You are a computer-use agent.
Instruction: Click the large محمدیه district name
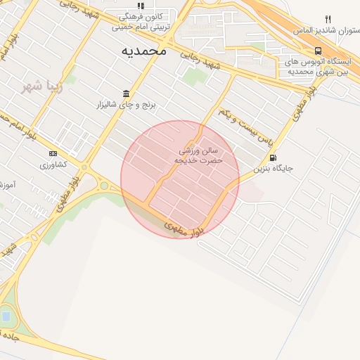click(143, 51)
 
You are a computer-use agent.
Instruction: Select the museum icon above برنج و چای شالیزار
click(126, 94)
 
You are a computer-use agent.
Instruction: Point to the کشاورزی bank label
click(53, 165)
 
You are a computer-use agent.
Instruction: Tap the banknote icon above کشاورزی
click(53, 153)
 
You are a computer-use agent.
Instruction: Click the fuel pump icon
click(273, 157)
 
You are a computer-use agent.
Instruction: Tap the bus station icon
click(319, 51)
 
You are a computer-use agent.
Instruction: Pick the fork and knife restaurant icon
click(328, 19)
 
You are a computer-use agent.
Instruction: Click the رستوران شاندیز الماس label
click(332, 31)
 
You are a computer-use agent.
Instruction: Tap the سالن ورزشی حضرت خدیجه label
click(199, 155)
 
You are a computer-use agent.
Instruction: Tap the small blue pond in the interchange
click(6, 316)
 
